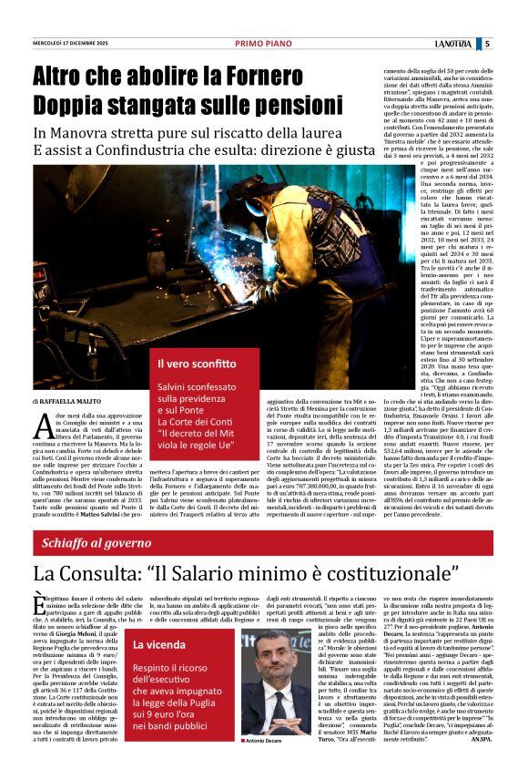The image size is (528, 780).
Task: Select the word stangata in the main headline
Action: pyautogui.click(x=160, y=106)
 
